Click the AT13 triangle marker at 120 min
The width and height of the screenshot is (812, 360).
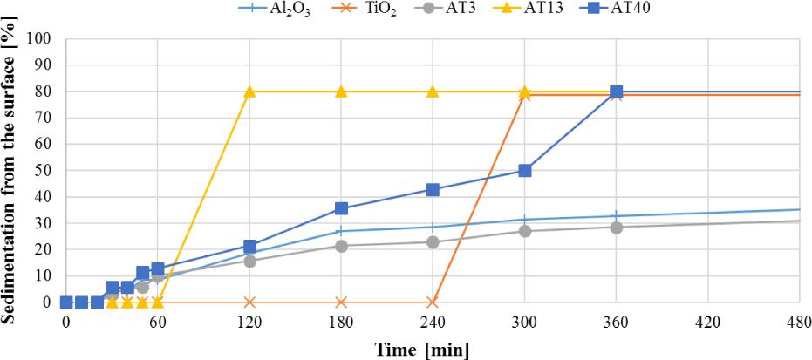pos(249,92)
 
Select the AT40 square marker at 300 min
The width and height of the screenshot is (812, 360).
pos(525,171)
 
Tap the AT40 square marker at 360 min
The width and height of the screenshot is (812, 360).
pos(617,92)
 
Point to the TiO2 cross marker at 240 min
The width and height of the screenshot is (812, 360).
pos(433,302)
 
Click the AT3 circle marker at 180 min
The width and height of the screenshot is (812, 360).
pos(341,246)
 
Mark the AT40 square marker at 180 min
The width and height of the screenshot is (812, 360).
pos(341,208)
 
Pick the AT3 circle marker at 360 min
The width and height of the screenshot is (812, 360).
pos(617,228)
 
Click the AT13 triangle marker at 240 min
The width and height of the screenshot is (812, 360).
pos(433,92)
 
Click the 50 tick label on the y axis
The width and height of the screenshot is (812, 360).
pos(46,171)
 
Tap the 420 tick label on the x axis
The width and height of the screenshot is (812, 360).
pos(707,322)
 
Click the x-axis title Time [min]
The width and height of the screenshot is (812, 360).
pos(422,350)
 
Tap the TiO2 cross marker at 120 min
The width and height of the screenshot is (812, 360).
pos(249,302)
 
